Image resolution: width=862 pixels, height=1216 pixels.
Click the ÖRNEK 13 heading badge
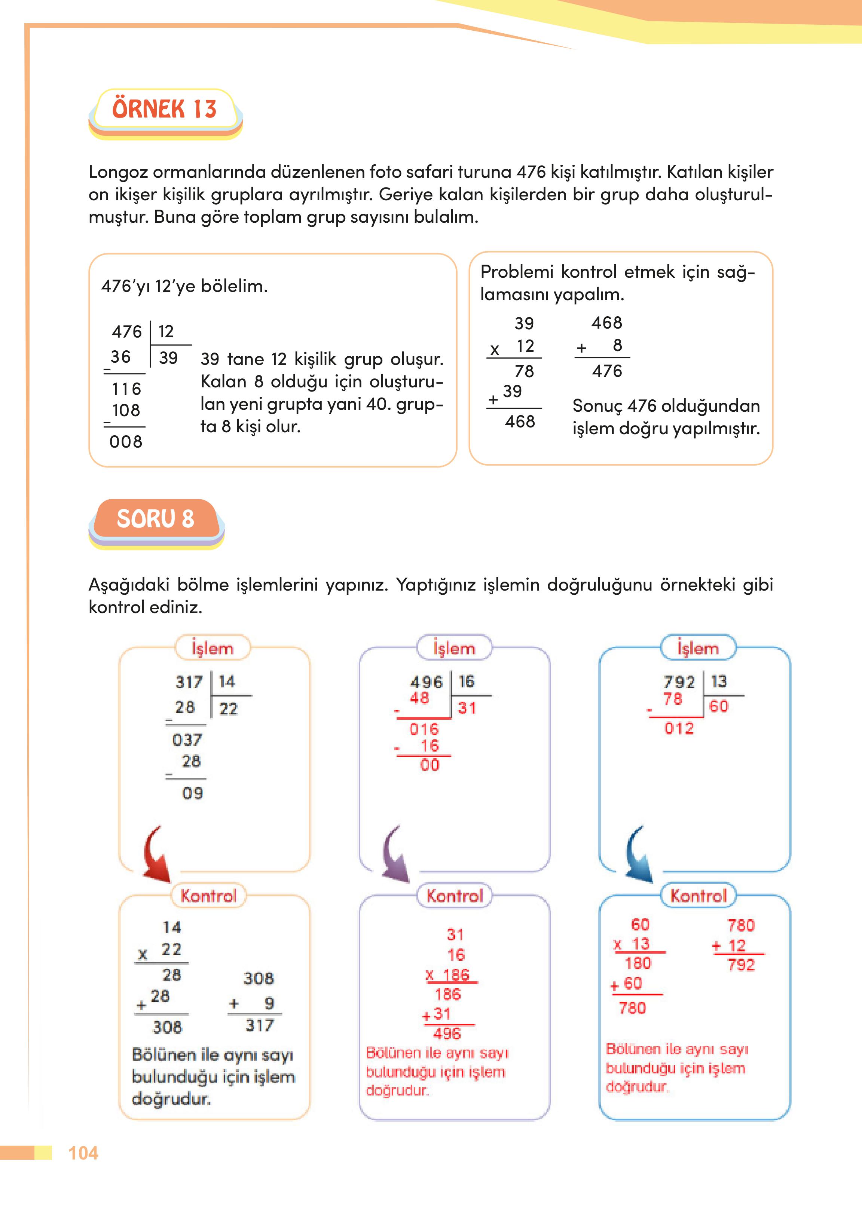click(x=165, y=109)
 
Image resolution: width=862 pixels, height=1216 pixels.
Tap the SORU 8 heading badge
click(x=156, y=519)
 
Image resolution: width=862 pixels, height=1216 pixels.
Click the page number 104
click(x=83, y=1153)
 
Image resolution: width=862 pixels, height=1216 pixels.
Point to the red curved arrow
click(x=156, y=854)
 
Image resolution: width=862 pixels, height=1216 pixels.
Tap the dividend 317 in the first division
click(x=189, y=682)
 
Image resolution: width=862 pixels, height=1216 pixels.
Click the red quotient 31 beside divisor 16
click(x=467, y=708)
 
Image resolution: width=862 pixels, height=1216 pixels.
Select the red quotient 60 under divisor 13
click(x=718, y=706)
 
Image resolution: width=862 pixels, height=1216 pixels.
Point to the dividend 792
click(x=679, y=682)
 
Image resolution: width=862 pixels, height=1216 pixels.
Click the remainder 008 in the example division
click(x=126, y=441)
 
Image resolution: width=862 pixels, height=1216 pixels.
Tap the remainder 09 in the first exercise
click(x=192, y=793)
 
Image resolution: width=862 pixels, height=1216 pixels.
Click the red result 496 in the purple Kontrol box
click(x=447, y=1033)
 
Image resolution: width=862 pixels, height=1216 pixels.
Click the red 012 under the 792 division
click(x=679, y=728)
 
